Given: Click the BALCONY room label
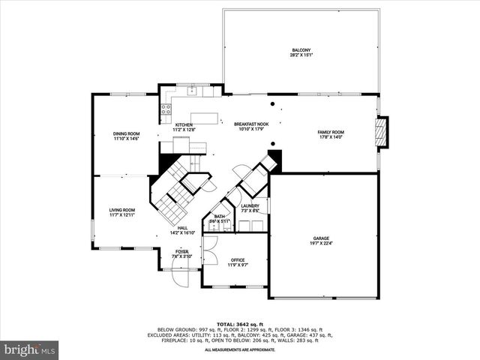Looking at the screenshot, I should tap(300, 50).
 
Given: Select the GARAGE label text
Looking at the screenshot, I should tap(322, 238).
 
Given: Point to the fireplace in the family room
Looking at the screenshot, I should tap(382, 133).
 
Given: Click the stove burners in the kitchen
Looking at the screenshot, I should tap(164, 111).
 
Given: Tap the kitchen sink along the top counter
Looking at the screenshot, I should tap(192, 92).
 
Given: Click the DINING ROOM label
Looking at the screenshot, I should tap(126, 133).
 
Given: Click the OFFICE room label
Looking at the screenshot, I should tap(238, 260).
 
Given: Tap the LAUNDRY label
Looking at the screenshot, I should tap(250, 205).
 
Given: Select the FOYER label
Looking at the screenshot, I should tap(182, 251).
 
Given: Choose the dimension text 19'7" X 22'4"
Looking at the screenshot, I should tap(322, 243).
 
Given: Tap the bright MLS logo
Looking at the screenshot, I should tap(29, 349).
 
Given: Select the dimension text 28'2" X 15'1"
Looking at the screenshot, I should tap(300, 55).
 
